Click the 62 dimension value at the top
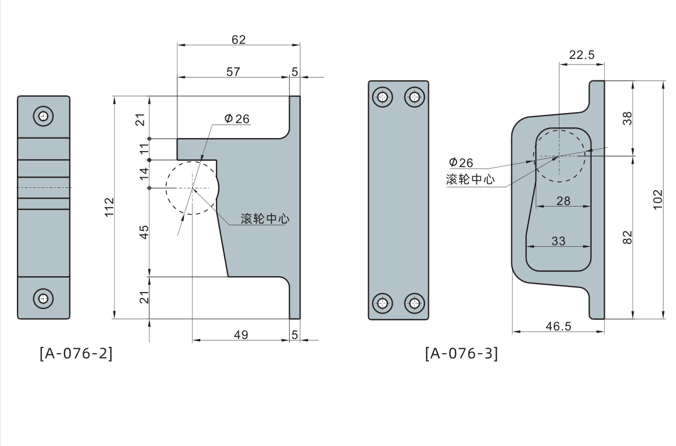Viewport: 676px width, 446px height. click(239, 39)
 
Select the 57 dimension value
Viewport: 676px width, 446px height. click(233, 72)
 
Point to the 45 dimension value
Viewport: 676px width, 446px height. click(144, 231)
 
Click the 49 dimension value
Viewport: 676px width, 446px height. click(241, 335)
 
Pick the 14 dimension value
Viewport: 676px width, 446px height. click(144, 174)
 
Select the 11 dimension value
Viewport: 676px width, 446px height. click(144, 149)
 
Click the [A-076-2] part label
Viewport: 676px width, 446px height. click(76, 354)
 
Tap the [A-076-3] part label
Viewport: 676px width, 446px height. click(461, 354)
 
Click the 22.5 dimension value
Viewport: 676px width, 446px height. click(582, 55)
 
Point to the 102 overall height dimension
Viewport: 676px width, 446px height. click(657, 200)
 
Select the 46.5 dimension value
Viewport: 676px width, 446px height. click(558, 327)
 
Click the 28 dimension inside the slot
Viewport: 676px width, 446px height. click(563, 200)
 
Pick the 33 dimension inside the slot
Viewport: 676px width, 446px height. click(558, 241)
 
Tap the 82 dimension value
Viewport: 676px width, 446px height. click(627, 237)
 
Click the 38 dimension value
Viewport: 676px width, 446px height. click(627, 118)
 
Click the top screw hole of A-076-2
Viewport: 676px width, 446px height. click(44, 117)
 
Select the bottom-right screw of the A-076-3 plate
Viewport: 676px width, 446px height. click(415, 303)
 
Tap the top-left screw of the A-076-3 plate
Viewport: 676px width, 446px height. click(384, 97)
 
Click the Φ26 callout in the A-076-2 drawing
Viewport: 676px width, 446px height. click(236, 119)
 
